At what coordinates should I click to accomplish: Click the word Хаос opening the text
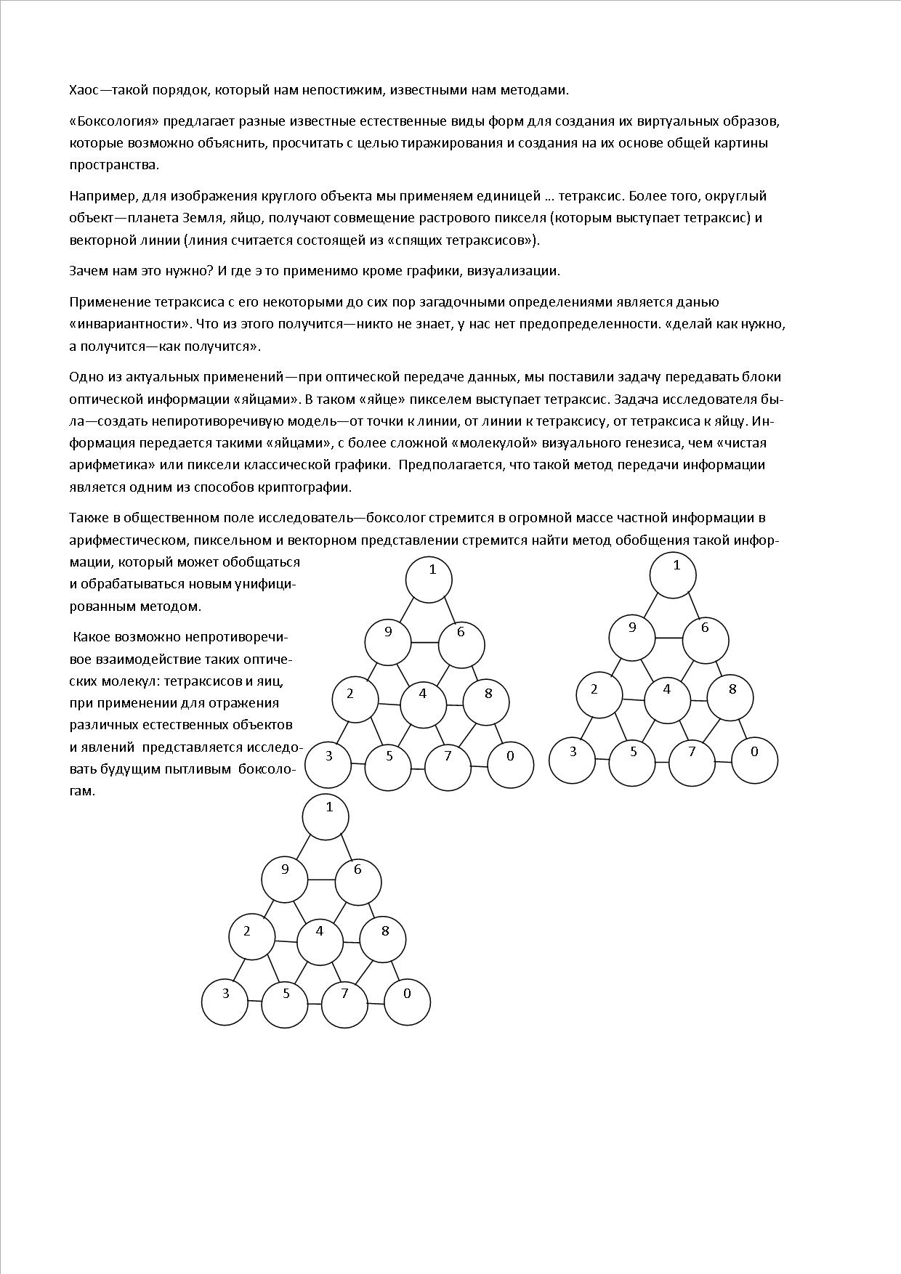[86, 90]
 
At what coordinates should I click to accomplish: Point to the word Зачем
[89, 271]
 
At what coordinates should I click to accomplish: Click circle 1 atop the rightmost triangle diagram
[673, 575]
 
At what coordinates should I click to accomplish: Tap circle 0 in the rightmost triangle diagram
[754, 761]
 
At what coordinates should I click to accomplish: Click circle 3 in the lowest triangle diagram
[225, 1002]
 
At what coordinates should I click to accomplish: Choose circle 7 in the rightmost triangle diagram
[692, 761]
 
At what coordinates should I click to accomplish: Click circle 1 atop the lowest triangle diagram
[326, 816]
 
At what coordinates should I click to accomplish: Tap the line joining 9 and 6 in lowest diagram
[321, 880]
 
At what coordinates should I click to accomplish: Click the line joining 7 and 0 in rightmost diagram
[723, 761]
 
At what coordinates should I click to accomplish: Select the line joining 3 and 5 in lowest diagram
[254, 1002]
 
